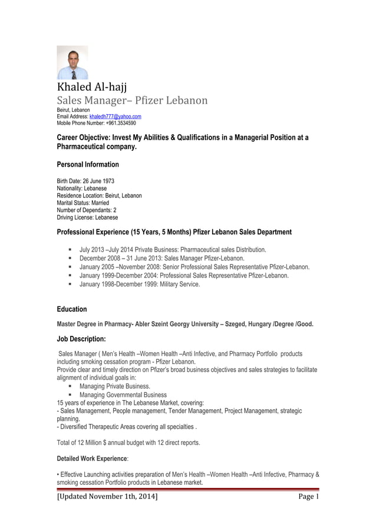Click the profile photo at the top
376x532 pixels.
[x=72, y=63]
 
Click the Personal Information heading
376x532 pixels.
[x=87, y=164]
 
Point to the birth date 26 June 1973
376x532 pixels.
[x=100, y=181]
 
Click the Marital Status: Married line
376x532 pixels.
[x=83, y=203]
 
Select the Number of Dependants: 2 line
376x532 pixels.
[x=86, y=210]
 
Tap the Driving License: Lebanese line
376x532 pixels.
[x=87, y=217]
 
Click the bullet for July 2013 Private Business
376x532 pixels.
[x=70, y=249]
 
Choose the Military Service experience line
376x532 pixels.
[x=140, y=284]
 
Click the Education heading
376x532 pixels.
[x=71, y=309]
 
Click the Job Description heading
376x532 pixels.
[x=81, y=339]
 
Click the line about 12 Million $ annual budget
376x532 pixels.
[x=128, y=442]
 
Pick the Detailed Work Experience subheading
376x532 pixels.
[x=91, y=458]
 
